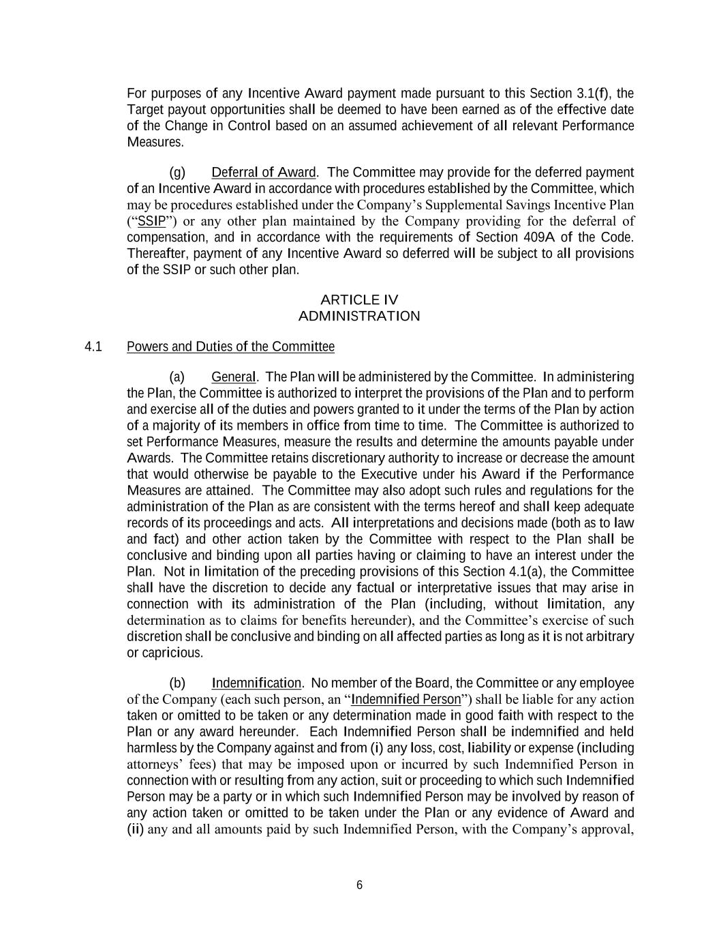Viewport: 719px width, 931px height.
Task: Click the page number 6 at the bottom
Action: coord(359,885)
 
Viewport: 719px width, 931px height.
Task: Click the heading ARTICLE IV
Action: coord(359,300)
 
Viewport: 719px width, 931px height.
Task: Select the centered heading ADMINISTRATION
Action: coord(359,316)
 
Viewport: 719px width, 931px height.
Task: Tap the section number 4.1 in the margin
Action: coord(93,347)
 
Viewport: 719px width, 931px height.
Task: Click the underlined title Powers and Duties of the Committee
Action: coord(230,347)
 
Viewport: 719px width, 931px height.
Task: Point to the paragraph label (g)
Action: coord(177,173)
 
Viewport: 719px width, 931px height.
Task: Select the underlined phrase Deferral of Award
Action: coord(263,173)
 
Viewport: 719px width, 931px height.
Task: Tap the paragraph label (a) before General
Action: coord(177,377)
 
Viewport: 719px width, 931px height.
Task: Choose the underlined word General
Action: coord(233,377)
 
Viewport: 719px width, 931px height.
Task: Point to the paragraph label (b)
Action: coord(177,683)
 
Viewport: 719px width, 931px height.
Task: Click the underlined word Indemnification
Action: coord(256,683)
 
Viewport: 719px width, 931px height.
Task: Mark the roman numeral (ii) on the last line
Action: coord(136,829)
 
